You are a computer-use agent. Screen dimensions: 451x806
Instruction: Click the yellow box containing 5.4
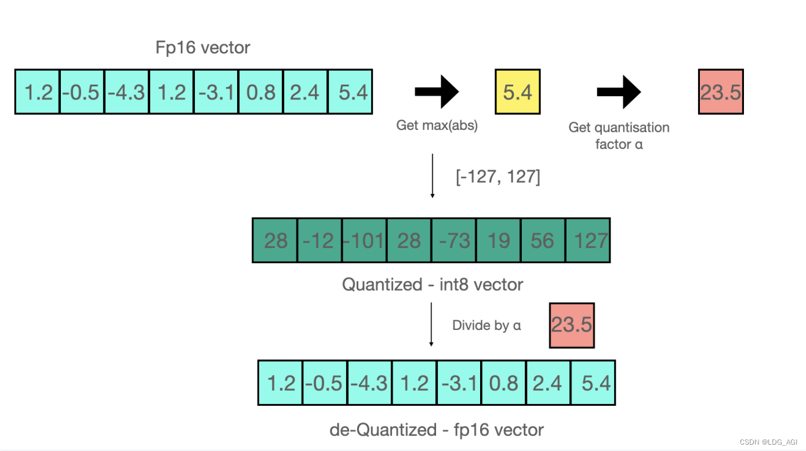517,92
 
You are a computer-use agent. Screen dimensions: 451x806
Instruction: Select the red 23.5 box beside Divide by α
572,325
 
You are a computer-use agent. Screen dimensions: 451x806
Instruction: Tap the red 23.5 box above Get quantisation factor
721,92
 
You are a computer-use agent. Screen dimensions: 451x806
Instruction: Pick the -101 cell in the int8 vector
364,240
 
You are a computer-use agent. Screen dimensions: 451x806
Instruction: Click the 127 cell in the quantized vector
588,240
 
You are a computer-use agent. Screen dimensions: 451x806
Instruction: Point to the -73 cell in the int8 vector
453,240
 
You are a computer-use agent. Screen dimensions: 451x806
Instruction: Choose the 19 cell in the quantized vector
498,240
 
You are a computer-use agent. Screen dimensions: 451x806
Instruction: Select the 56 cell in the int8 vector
543,240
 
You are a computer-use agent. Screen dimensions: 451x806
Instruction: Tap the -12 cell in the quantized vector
320,240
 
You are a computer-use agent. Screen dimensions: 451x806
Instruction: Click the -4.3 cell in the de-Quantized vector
370,383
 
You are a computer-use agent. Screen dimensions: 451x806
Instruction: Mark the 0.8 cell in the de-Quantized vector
504,383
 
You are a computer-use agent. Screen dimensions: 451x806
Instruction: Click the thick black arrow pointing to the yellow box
437,92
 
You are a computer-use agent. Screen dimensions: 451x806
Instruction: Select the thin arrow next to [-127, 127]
432,176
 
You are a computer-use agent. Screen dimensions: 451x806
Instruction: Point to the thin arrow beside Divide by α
431,325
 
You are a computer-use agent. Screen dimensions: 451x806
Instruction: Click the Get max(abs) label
437,125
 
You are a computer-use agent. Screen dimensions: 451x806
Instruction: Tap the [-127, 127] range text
498,176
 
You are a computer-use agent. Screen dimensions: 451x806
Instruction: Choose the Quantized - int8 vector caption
433,285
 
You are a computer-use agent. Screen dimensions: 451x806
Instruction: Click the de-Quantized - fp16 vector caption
437,430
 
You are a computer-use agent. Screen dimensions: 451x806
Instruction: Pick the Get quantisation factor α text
619,136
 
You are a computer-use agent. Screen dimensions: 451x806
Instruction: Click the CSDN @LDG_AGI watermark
768,442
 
